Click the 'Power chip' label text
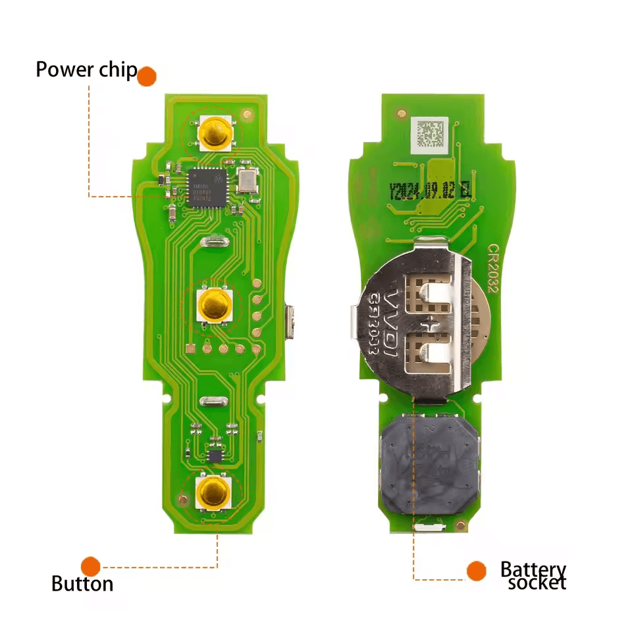(x=86, y=69)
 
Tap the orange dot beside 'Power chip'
(x=147, y=76)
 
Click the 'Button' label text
(x=82, y=583)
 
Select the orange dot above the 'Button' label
(x=91, y=566)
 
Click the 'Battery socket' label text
(x=533, y=575)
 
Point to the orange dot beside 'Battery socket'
(x=476, y=571)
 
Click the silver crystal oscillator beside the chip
(x=248, y=179)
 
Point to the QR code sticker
(x=429, y=134)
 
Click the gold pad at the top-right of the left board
(x=248, y=115)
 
